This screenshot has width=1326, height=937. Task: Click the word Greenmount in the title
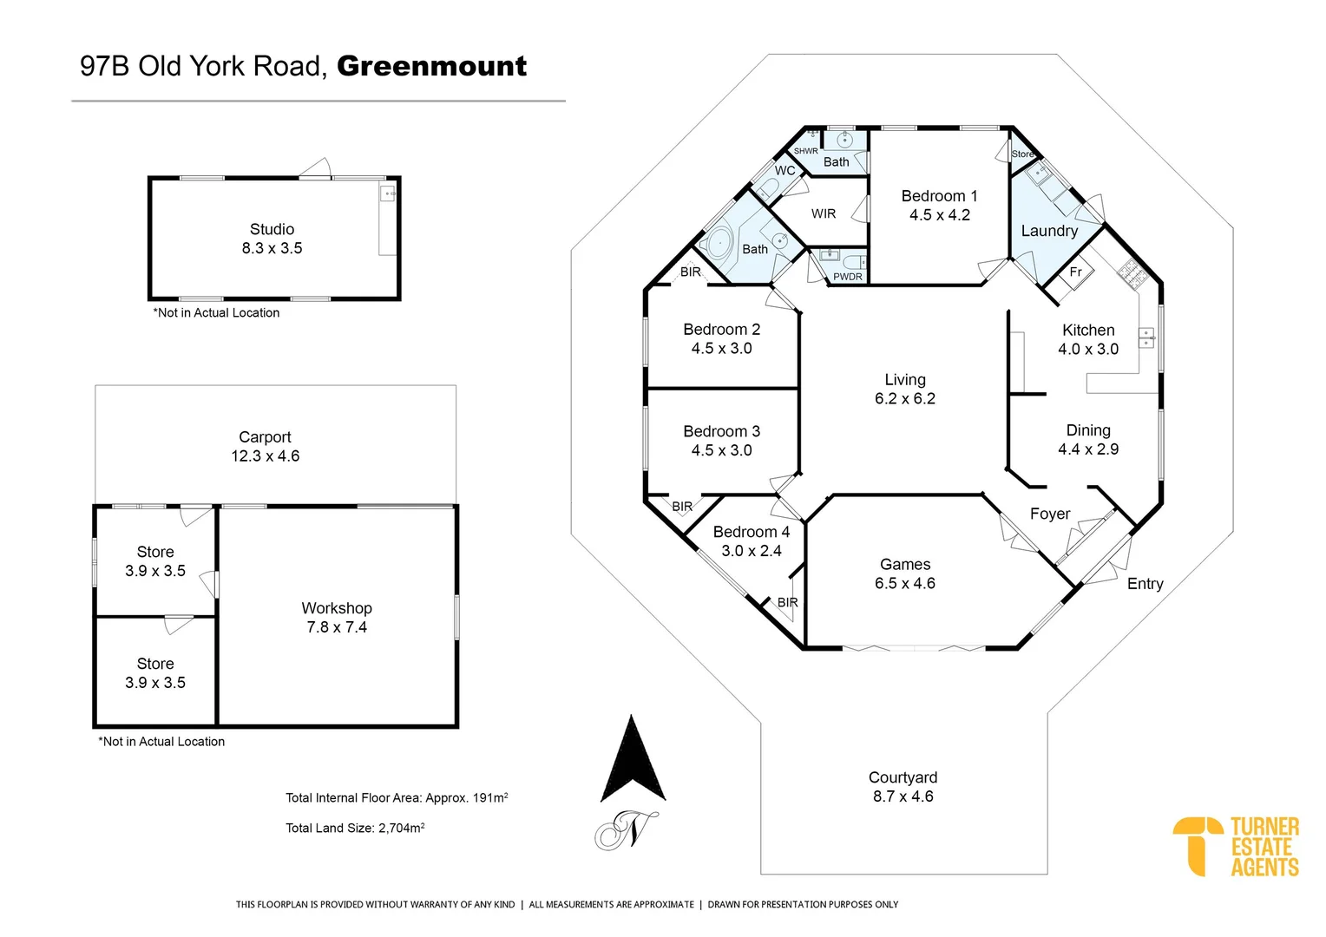click(431, 66)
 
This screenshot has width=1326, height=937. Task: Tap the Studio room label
click(272, 229)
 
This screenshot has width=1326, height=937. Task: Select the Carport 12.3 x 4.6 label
click(265, 447)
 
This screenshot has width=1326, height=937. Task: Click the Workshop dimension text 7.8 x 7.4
click(337, 627)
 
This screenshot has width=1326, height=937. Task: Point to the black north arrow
click(633, 760)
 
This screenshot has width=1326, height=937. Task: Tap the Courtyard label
click(903, 777)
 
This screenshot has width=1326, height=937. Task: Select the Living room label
click(904, 380)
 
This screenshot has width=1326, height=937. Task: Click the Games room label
click(904, 565)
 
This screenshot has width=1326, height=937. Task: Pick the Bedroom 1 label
click(939, 196)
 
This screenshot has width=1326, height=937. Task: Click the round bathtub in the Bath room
click(719, 243)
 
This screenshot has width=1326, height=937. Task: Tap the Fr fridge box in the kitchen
click(1075, 272)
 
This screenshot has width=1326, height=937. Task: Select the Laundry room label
click(1049, 231)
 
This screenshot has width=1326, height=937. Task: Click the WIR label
click(824, 213)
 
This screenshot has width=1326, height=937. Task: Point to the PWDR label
click(848, 277)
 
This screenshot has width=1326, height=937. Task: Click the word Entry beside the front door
click(1145, 584)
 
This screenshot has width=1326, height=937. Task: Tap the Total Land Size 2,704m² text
click(355, 828)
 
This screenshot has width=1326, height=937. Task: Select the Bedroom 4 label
click(751, 532)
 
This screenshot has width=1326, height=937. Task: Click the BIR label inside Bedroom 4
click(787, 602)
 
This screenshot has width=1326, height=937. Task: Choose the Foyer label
click(1049, 514)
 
